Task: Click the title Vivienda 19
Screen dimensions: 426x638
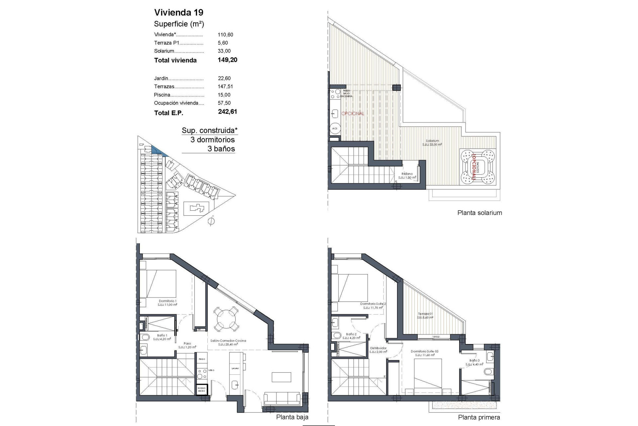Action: coord(178,13)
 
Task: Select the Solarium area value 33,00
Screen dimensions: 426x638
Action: coord(224,51)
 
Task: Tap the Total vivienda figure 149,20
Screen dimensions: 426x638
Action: coord(228,60)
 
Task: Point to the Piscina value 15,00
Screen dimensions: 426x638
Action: coord(224,95)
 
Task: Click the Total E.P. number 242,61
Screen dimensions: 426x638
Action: coord(228,112)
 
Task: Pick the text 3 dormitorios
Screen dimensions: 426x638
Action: coord(212,140)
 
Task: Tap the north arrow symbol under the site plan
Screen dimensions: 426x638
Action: coord(210,221)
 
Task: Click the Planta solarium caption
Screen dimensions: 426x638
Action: coord(479,213)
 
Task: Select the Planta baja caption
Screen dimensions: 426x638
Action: coord(292,417)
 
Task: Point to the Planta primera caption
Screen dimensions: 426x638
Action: coord(479,417)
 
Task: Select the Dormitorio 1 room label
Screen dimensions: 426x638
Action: coord(167,301)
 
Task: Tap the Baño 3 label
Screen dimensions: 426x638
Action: coord(474,360)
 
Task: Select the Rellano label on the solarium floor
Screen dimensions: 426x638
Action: coord(407,174)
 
